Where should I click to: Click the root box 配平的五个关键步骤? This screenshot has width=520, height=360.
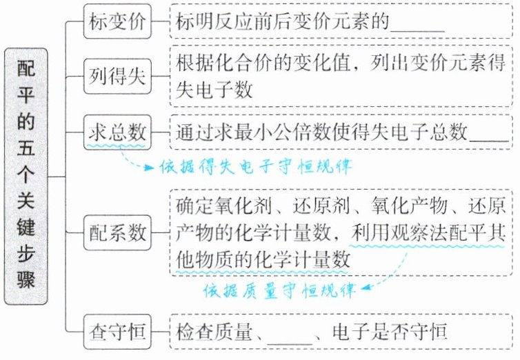click(x=26, y=176)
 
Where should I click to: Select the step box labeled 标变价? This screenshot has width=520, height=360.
click(x=115, y=22)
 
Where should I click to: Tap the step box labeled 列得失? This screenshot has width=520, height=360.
click(x=115, y=76)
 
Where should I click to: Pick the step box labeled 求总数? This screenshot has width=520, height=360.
click(x=115, y=130)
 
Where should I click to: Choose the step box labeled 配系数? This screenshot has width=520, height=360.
click(x=115, y=233)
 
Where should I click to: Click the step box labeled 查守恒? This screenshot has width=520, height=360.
click(x=115, y=330)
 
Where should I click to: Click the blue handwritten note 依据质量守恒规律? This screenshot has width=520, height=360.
click(x=279, y=290)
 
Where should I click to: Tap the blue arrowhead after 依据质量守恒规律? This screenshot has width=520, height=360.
click(x=365, y=285)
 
